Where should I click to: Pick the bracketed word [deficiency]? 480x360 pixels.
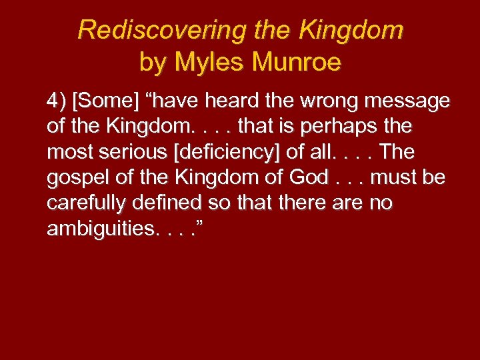229,152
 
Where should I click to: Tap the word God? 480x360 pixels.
309,178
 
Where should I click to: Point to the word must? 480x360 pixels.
397,178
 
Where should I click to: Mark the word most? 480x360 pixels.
66,152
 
